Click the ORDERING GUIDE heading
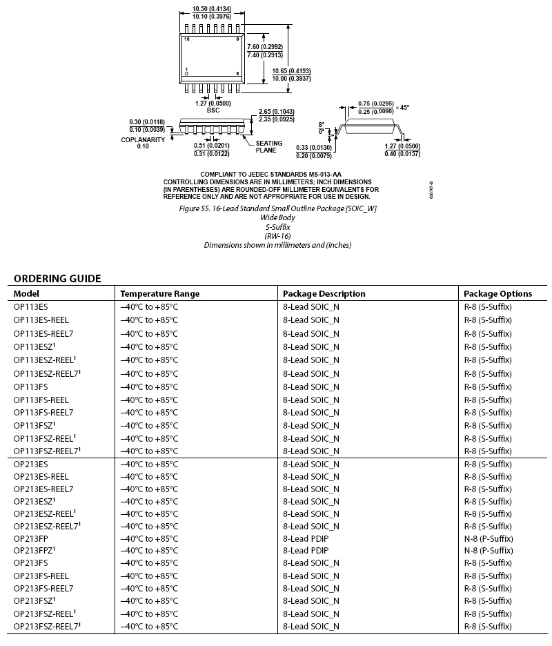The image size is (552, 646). pyautogui.click(x=57, y=279)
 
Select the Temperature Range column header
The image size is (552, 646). pyautogui.click(x=159, y=293)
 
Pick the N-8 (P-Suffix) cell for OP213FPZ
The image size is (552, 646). pyautogui.click(x=489, y=550)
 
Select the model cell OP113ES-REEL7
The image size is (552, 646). pyautogui.click(x=43, y=333)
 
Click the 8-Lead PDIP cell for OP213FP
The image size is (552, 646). pyautogui.click(x=306, y=538)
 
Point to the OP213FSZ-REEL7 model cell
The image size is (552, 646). pyautogui.click(x=46, y=626)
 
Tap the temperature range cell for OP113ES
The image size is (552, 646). pyautogui.click(x=150, y=306)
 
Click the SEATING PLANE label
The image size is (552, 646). pyautogui.click(x=269, y=146)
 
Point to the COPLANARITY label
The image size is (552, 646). pyautogui.click(x=143, y=139)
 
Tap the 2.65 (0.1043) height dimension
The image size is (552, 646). pyautogui.click(x=276, y=112)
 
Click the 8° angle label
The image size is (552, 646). pyautogui.click(x=321, y=124)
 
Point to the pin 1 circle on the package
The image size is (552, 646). pyautogui.click(x=186, y=74)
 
